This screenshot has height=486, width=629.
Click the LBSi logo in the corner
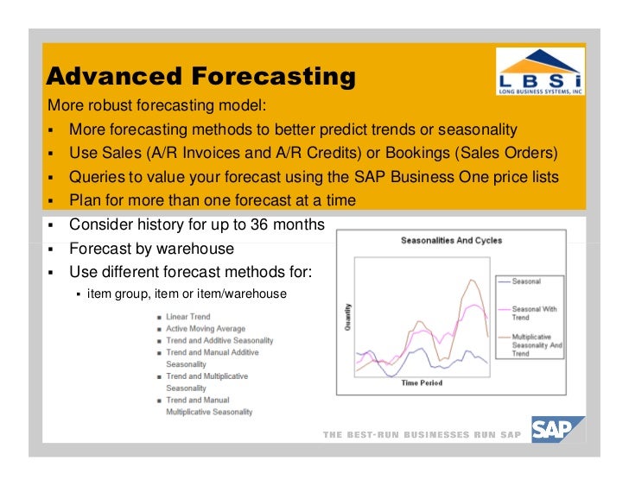540,72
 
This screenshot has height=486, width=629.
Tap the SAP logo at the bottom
558,430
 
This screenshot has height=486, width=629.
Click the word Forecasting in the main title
273,76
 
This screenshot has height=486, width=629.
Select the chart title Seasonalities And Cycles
451,240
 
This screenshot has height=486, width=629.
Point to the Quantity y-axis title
348,317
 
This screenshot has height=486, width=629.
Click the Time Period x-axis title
422,382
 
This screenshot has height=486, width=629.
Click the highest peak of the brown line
472,280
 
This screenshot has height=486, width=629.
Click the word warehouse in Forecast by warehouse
192,249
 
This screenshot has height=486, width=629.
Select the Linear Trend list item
188,317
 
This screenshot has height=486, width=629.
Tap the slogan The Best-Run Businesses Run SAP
422,435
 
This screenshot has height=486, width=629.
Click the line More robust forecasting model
157,105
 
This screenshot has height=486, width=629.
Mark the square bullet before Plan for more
50,201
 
